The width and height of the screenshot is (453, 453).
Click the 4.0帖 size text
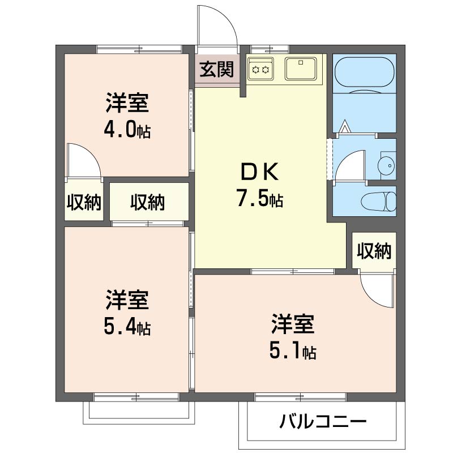[127, 131]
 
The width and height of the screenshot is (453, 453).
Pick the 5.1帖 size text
[292, 352]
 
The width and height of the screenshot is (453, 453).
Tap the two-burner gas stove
[260, 69]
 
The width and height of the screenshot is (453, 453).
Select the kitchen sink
[302, 69]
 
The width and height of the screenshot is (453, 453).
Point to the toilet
[379, 201]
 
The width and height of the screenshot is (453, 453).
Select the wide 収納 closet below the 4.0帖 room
[148, 202]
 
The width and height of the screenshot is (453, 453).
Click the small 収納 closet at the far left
[84, 202]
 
